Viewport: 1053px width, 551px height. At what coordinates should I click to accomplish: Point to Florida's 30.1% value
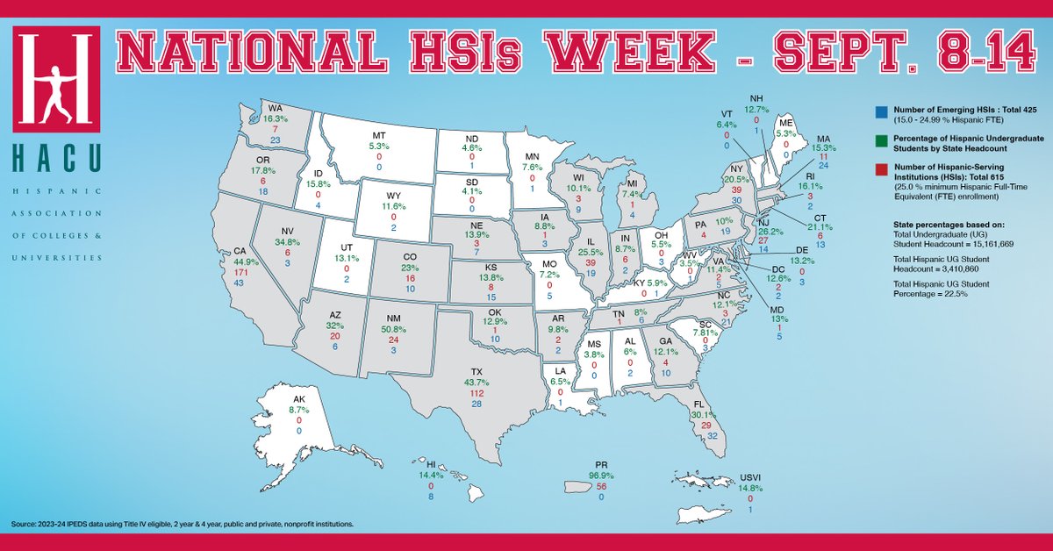coord(706,415)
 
